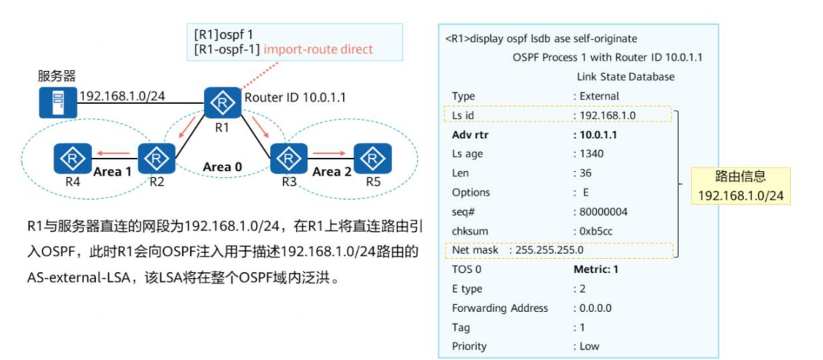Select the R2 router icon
coord(156,157)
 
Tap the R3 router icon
coord(289,157)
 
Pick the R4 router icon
coord(72,157)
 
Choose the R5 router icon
coord(372,157)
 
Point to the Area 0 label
coord(222,167)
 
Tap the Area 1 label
coord(113,172)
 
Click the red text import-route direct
coord(318,50)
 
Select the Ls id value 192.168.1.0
coord(608,116)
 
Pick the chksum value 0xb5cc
coord(596,230)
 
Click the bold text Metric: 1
coord(596,269)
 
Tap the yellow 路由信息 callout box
coord(740,186)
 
